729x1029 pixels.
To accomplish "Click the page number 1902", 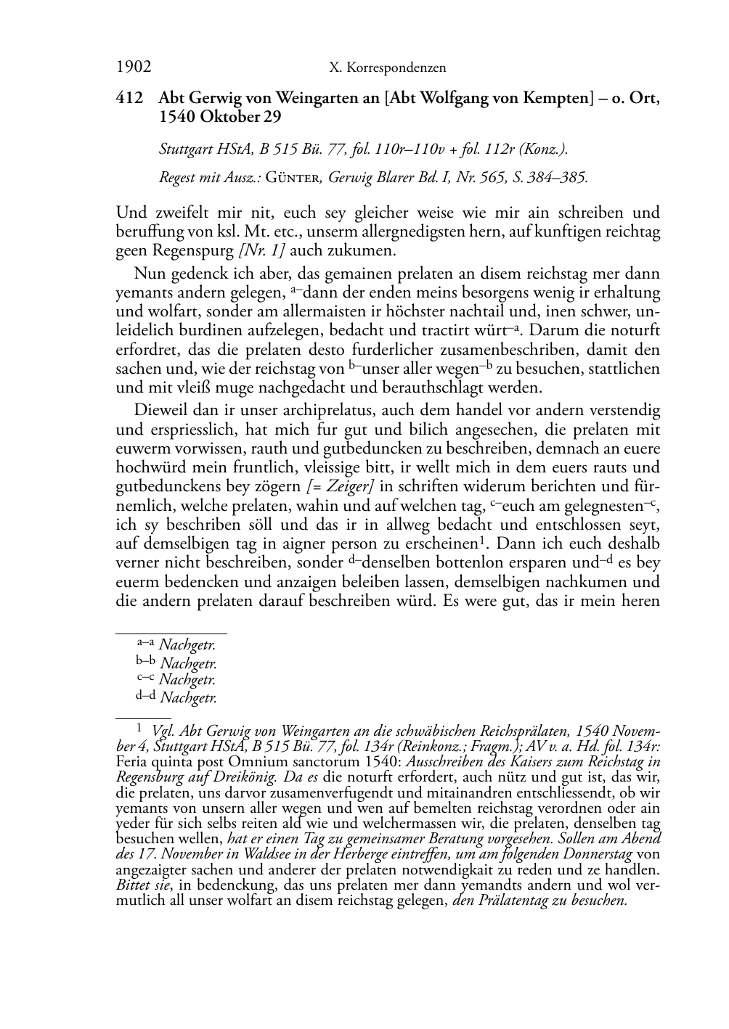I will coord(134,67).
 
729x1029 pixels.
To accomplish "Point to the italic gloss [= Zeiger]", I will coord(340,486).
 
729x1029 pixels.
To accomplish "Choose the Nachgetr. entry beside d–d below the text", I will coord(188,698).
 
